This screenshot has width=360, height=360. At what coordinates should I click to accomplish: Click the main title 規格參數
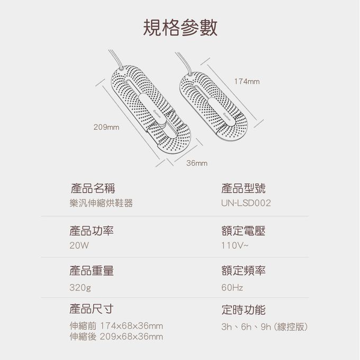tap(180, 28)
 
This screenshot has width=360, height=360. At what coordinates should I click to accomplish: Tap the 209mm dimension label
tap(106, 127)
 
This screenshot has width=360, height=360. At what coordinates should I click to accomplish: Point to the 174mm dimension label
tap(247, 82)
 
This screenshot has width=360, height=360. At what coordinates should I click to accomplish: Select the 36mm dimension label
tap(197, 163)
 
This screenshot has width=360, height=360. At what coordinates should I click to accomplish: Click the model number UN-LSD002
tap(246, 203)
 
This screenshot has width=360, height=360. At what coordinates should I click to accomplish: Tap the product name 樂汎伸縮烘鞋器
tap(101, 203)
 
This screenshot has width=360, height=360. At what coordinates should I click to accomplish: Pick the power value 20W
tap(79, 246)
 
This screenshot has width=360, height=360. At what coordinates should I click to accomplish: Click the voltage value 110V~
tap(235, 246)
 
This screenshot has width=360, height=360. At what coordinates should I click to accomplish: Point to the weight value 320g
tap(80, 287)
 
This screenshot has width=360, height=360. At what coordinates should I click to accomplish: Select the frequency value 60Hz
tap(232, 287)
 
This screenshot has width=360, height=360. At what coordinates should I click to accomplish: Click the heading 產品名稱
tap(93, 188)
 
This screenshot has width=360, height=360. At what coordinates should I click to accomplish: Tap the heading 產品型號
tap(244, 188)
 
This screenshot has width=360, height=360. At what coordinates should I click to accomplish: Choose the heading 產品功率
tap(92, 231)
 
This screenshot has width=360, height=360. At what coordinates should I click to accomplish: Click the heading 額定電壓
tap(244, 231)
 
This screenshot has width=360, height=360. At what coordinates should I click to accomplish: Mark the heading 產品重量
tap(92, 271)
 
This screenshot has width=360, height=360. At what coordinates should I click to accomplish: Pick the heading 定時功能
tap(244, 310)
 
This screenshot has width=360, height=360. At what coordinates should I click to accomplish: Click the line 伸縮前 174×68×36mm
tap(116, 326)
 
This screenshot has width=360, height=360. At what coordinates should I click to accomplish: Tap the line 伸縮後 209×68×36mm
tap(116, 337)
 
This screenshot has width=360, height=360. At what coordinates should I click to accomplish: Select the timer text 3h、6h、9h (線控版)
tap(264, 327)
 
